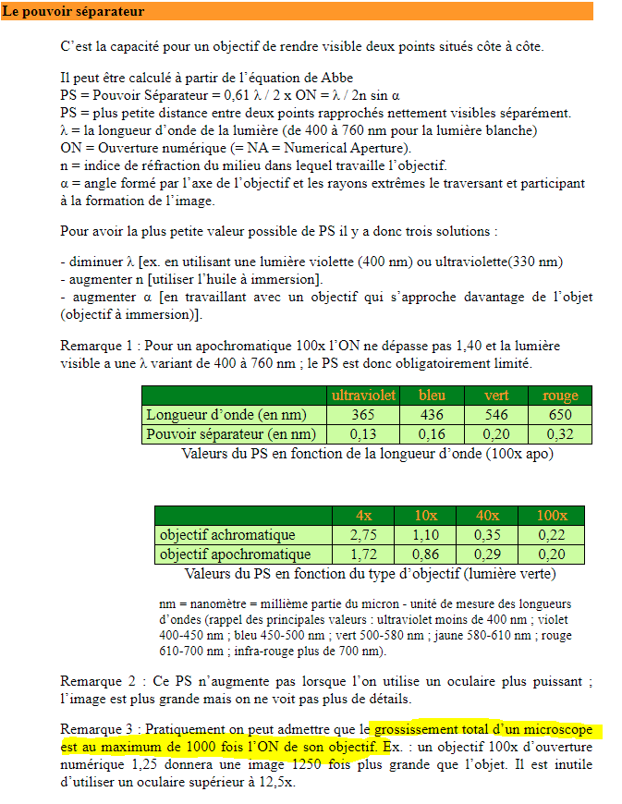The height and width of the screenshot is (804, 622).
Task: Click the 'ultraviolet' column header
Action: coord(363,395)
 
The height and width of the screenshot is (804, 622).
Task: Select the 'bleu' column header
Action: coord(432,395)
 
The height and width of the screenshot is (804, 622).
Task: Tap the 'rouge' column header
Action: coord(560,395)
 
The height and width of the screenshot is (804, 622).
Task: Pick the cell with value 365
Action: coord(363,415)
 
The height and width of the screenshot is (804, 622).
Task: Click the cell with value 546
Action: coord(497,415)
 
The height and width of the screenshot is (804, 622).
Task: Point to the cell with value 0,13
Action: coord(363,434)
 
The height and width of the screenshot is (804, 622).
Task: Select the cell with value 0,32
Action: coord(560,434)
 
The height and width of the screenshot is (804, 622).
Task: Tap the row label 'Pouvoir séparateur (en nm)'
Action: coord(231,434)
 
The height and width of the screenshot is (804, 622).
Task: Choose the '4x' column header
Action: coord(364,515)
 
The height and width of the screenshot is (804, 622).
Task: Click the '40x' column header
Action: coord(487,515)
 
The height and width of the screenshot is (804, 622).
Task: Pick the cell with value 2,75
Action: coord(364,535)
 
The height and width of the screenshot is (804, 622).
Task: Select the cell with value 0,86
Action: coord(425,554)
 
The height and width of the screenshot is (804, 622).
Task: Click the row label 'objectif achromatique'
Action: coord(227,535)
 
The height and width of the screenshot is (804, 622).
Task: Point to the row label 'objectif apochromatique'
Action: coord(235,554)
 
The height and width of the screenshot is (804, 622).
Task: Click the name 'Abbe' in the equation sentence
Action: coord(336,77)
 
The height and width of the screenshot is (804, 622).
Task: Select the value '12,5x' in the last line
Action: coord(275,782)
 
